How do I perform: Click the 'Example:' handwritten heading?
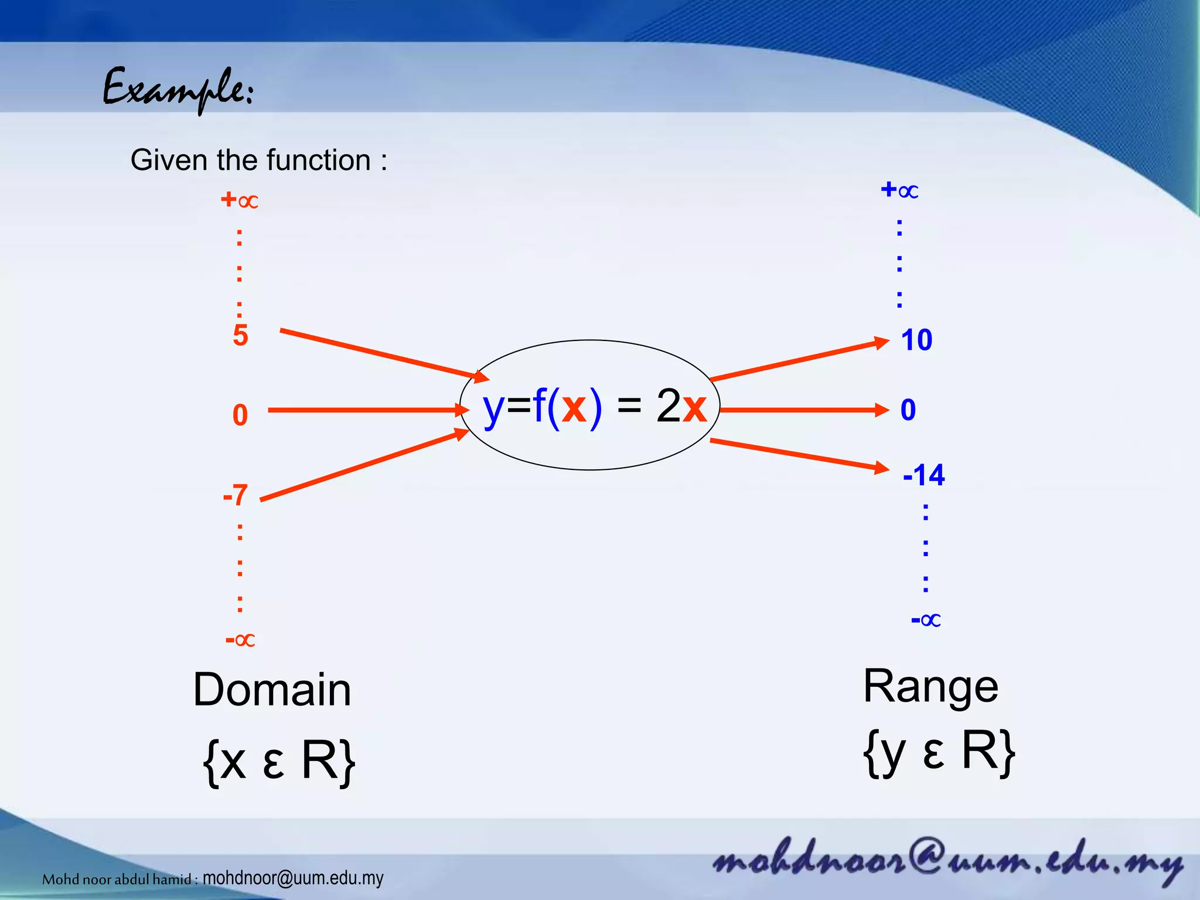[x=178, y=90]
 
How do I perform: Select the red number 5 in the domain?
[x=240, y=336]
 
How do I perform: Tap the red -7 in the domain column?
[x=236, y=496]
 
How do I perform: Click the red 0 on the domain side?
[x=240, y=415]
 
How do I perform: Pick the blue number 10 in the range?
[x=916, y=340]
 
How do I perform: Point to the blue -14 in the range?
[x=923, y=475]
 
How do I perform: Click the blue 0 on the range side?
[x=908, y=410]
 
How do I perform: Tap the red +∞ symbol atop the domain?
[x=239, y=200]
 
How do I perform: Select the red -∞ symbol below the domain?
[x=240, y=639]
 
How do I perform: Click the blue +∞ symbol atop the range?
[x=899, y=190]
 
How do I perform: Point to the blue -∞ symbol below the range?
[x=926, y=619]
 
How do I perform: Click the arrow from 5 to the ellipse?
[x=381, y=354]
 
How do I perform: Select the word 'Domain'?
[x=272, y=690]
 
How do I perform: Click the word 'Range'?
[x=930, y=686]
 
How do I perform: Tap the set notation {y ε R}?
[x=939, y=752]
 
